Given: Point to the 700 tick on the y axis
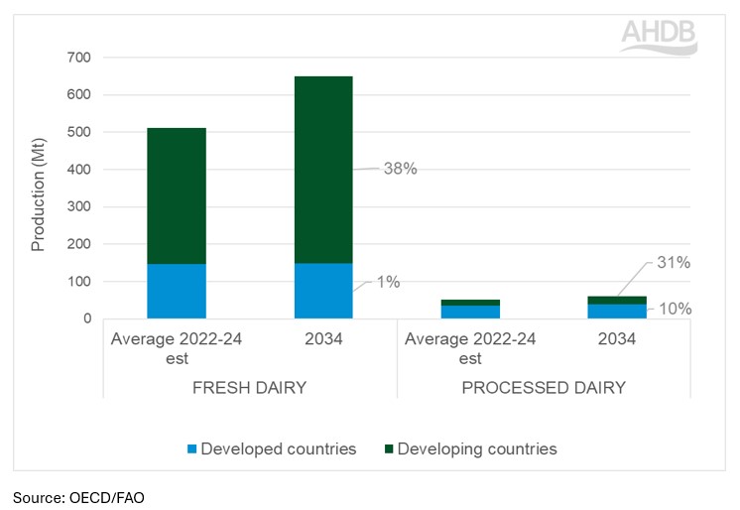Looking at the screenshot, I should pos(78,59).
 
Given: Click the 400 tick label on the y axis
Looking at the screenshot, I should pos(78,170).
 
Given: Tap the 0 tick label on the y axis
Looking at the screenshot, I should pos(86,319).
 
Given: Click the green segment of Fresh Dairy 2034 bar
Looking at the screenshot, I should pos(323,169).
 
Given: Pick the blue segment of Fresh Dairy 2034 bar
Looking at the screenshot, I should pos(323,291).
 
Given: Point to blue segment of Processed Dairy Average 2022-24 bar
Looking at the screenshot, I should pos(470,313).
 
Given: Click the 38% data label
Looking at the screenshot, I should pos(400,169).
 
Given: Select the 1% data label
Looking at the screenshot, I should pos(388,283).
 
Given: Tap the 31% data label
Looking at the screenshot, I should pos(673,263).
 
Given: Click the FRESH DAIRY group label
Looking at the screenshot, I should pos(250,388).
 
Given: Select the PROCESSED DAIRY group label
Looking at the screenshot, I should pos(544,388).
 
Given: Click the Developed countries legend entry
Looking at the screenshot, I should pos(269,449).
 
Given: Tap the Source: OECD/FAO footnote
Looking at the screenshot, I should pos(78,497).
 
